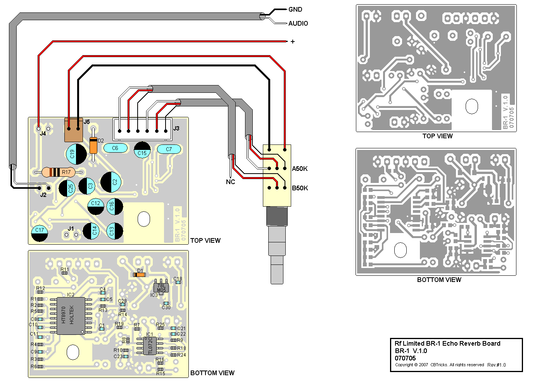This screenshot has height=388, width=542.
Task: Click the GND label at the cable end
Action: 295,9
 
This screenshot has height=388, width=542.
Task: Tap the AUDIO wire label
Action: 298,23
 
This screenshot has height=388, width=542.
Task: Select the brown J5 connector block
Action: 74,130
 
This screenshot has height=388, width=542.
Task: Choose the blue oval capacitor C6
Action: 115,148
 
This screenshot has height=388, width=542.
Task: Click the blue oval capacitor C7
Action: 169,149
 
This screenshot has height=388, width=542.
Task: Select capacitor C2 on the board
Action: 111,182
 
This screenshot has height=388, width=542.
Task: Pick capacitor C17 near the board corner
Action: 40,233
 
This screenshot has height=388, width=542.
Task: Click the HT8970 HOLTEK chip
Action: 71,315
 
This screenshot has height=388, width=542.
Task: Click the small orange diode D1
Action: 139,275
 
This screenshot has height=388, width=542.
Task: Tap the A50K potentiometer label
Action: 300,169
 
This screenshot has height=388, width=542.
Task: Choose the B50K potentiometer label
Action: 300,188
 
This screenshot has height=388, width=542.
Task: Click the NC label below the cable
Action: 230,182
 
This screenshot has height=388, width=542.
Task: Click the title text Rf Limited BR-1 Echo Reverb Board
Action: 447,343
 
